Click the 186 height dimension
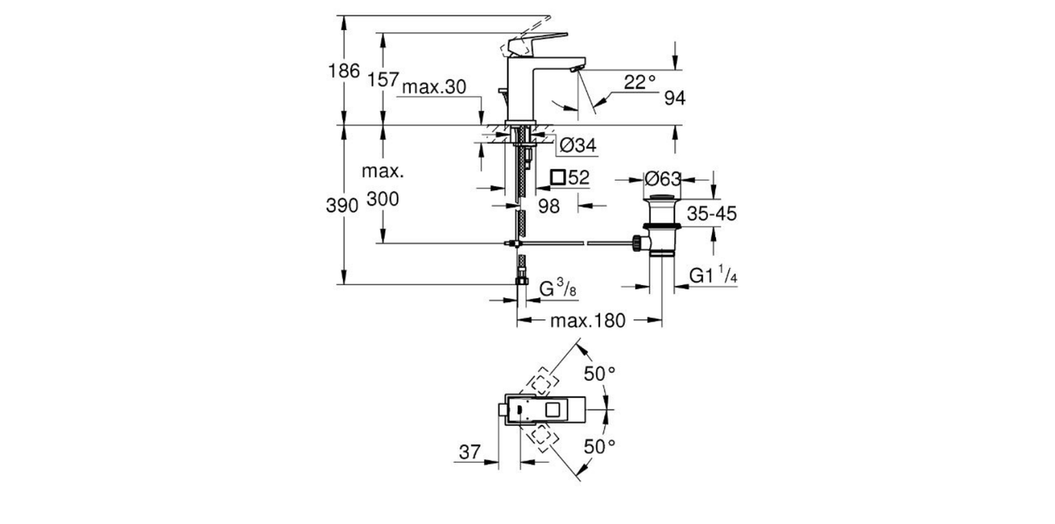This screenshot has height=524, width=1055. point(344,71)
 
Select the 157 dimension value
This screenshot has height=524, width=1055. point(383,80)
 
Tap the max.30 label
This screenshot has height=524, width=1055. point(433,87)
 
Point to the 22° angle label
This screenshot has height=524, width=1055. point(639,81)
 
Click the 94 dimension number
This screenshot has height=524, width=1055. point(674,97)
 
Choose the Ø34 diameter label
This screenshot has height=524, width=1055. point(576,144)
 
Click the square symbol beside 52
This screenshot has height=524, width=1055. point(558,178)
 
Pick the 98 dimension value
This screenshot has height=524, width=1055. point(548,206)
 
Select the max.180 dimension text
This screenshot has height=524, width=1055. point(588,320)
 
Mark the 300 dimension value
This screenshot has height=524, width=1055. point(383,199)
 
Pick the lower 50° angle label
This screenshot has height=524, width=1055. point(599,446)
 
